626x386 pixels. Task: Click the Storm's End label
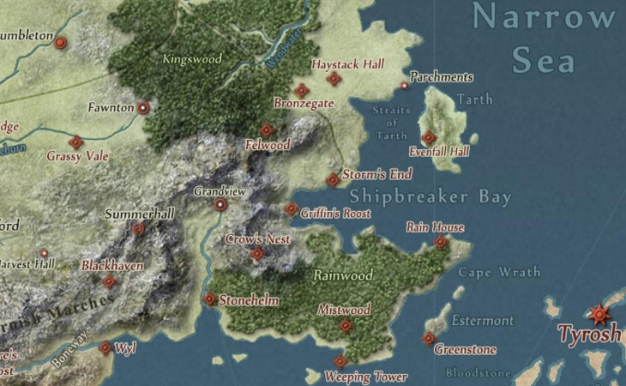pyautogui.click(x=377, y=174)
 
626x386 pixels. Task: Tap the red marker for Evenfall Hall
pyautogui.click(x=429, y=137)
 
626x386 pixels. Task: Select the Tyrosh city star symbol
pyautogui.click(x=598, y=314)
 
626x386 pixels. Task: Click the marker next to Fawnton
pyautogui.click(x=143, y=108)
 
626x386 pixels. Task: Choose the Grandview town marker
pyautogui.click(x=220, y=205)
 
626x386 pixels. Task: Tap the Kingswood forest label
pyautogui.click(x=192, y=59)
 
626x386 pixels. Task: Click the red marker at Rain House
pyautogui.click(x=441, y=243)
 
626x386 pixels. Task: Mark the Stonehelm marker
pyautogui.click(x=210, y=299)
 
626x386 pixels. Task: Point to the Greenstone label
pyautogui.click(x=465, y=350)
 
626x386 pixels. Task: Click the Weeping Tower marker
pyautogui.click(x=340, y=361)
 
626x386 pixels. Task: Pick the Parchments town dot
pyautogui.click(x=405, y=86)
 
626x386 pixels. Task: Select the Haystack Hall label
pyautogui.click(x=348, y=64)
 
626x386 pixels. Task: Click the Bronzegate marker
pyautogui.click(x=301, y=90)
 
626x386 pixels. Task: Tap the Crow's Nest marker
pyautogui.click(x=257, y=254)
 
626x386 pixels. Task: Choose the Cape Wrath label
pyautogui.click(x=499, y=273)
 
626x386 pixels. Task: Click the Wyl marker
pyautogui.click(x=105, y=348)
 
